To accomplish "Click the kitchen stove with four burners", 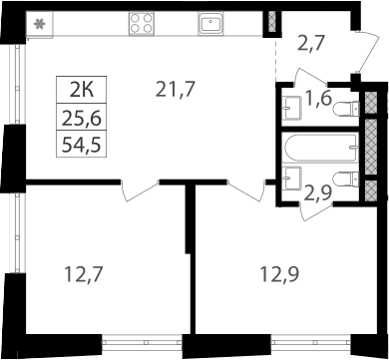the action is [142, 23].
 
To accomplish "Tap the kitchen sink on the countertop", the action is [210, 23].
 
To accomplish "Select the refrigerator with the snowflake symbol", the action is [40, 24].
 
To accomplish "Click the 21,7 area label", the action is [175, 90].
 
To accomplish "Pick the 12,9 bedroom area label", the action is [279, 274].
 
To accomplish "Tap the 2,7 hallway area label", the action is [310, 45].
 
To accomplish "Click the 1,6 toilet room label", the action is [318, 99].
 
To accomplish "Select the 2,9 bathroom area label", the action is [318, 193].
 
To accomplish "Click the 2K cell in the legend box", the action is [82, 90].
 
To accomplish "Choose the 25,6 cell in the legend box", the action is [82, 118].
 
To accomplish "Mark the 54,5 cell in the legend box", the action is [82, 145].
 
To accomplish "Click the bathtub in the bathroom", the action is [321, 148].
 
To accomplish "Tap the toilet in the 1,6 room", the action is [346, 109].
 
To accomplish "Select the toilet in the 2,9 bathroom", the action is [346, 179].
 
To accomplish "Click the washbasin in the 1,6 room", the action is [291, 108].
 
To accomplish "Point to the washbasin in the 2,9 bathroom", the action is [291, 179].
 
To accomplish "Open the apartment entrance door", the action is [367, 52].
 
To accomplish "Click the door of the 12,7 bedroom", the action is [140, 191].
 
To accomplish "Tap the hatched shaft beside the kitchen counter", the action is [272, 22].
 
